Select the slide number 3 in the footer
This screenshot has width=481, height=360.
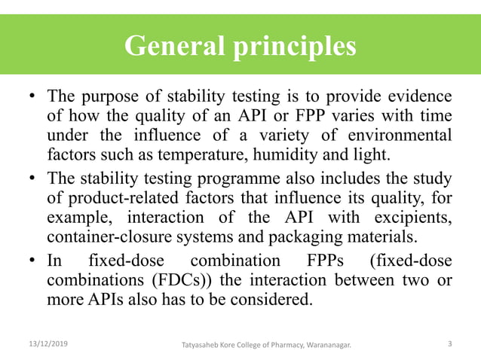(449, 343)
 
